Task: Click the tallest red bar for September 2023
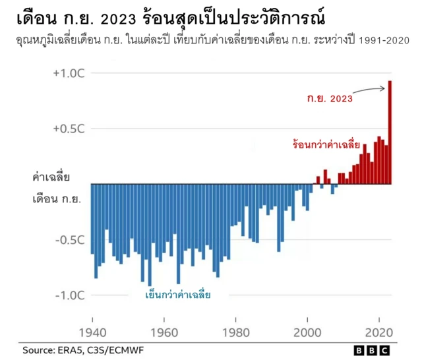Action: pos(390,132)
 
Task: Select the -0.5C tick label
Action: pos(68,239)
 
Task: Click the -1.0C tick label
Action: pos(68,295)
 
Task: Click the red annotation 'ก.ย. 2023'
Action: pos(330,99)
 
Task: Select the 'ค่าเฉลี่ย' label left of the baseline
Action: pos(51,177)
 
